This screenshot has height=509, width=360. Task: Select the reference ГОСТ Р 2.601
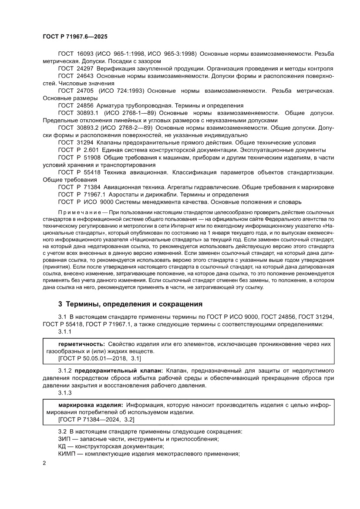tap(77, 150)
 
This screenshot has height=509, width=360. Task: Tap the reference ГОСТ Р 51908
tap(77, 157)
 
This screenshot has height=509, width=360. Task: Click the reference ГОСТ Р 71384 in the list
tap(77, 187)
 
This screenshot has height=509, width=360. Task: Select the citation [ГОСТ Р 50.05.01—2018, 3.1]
tap(99, 358)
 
